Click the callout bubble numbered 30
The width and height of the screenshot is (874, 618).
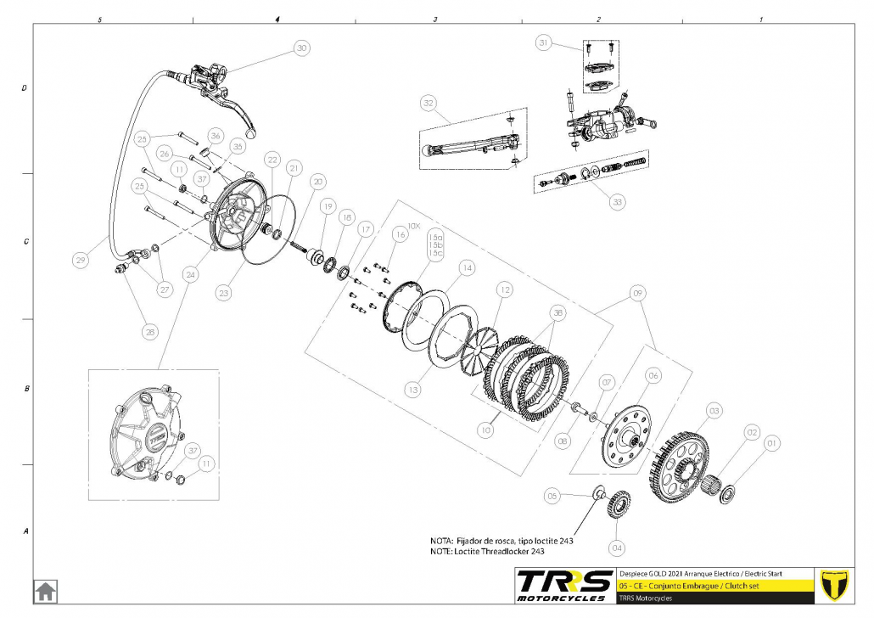pyautogui.click(x=301, y=48)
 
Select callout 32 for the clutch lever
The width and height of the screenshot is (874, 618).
pyautogui.click(x=429, y=104)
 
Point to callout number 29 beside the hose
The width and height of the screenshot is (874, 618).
pyautogui.click(x=81, y=261)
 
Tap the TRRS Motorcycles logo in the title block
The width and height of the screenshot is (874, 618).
pyautogui.click(x=564, y=584)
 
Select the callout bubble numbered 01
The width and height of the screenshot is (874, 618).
pyautogui.click(x=771, y=442)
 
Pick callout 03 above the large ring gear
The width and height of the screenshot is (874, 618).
pyautogui.click(x=714, y=411)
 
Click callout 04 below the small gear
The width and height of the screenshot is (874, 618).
pyautogui.click(x=617, y=547)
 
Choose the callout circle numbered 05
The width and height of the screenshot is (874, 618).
pyautogui.click(x=552, y=495)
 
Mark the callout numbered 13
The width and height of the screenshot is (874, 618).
pyautogui.click(x=412, y=390)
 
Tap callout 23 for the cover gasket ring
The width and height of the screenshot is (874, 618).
pyautogui.click(x=223, y=293)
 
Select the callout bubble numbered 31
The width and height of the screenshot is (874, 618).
pyautogui.click(x=544, y=42)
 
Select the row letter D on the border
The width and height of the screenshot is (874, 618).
pyautogui.click(x=25, y=87)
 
